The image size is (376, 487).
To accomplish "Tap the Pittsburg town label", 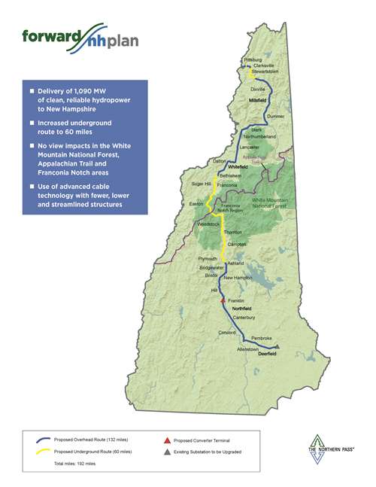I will pos(253,59).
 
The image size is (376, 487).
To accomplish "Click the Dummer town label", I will pos(275,117).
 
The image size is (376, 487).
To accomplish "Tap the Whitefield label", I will pos(227,166).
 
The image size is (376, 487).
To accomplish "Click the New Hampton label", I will pos(238,278).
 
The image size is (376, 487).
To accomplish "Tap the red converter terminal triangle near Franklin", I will pos(222,300).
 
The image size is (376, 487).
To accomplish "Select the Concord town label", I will pos(227,332).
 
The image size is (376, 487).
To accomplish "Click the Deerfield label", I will pos(267,352).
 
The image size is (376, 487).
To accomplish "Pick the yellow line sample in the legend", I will pos(44,450).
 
